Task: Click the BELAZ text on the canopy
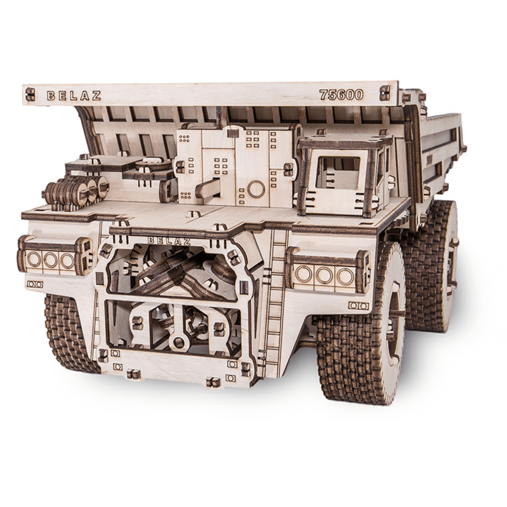[x=74, y=95]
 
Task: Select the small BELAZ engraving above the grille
[x=169, y=241]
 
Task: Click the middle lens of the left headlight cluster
[x=50, y=259]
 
